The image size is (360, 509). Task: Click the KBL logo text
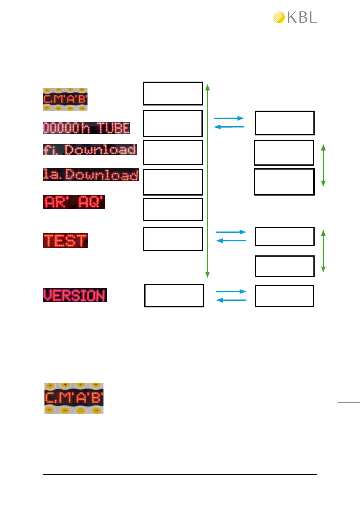pyautogui.click(x=302, y=18)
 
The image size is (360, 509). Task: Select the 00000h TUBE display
pyautogui.click(x=86, y=128)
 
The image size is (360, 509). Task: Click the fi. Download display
pyautogui.click(x=90, y=150)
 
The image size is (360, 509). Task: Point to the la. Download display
pyautogui.click(x=91, y=175)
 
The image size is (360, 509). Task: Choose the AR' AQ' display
pyautogui.click(x=74, y=202)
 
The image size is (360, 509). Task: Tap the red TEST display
pyautogui.click(x=65, y=241)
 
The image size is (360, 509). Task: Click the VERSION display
pyautogui.click(x=75, y=295)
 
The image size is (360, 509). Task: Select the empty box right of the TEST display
pyautogui.click(x=173, y=239)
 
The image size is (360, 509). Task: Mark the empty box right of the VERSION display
pyautogui.click(x=174, y=296)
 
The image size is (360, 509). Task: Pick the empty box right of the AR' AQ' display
pyautogui.click(x=173, y=209)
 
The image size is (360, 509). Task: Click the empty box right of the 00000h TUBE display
pyautogui.click(x=173, y=123)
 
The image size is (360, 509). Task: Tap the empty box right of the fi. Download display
pyautogui.click(x=173, y=152)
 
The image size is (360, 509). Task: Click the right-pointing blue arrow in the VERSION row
pyautogui.click(x=231, y=291)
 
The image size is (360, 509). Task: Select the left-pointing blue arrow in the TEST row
pyautogui.click(x=231, y=241)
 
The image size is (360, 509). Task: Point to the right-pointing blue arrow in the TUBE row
pyautogui.click(x=229, y=118)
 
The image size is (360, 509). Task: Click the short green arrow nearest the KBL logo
pyautogui.click(x=323, y=165)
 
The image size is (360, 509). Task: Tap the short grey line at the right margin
pyautogui.click(x=349, y=402)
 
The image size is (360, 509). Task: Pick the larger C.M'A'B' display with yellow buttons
pyautogui.click(x=74, y=398)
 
